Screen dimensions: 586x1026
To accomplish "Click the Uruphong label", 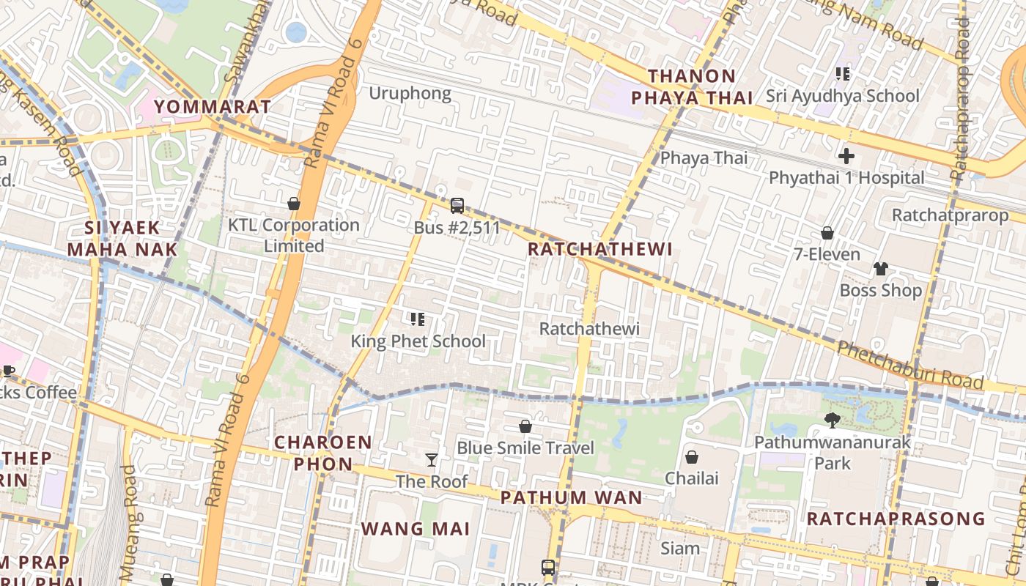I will click(x=410, y=94).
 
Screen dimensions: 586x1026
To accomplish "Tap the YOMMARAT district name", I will click(x=213, y=107).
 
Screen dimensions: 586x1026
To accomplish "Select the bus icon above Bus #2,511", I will click(x=457, y=206).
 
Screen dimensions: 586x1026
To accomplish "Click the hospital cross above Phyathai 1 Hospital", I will click(x=846, y=156).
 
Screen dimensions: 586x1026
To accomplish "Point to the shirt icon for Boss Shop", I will click(x=881, y=269).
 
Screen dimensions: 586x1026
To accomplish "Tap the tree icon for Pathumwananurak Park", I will click(x=832, y=420).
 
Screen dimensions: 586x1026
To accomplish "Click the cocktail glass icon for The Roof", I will click(x=432, y=460).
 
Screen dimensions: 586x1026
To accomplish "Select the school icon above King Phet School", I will click(x=418, y=319).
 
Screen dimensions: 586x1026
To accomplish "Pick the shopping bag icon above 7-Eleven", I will click(x=827, y=233).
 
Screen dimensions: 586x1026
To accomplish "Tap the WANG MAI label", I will click(x=415, y=529).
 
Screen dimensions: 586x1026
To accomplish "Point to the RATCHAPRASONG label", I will click(x=896, y=519).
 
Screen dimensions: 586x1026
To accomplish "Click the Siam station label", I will click(x=680, y=548).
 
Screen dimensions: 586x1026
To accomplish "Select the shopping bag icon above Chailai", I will click(x=691, y=458).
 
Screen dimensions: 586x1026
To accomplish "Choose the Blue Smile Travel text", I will click(x=525, y=448).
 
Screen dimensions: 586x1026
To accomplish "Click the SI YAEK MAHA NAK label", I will click(x=122, y=239).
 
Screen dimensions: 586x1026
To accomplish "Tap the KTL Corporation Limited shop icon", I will click(x=294, y=204).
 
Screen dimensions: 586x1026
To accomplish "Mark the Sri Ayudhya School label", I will click(x=842, y=96).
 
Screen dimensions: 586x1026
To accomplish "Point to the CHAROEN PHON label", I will click(x=323, y=453).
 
